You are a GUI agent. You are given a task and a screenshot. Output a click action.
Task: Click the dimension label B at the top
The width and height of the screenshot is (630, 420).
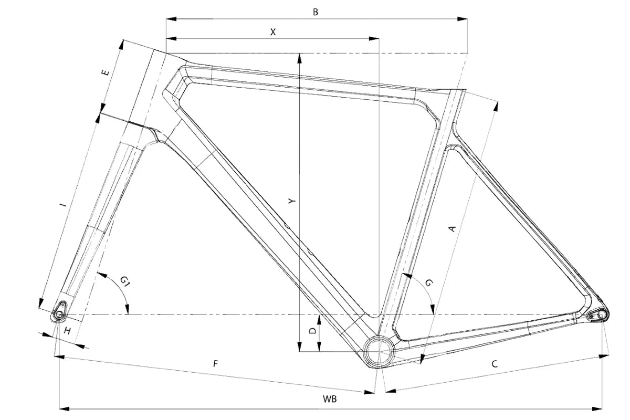pos(316,12)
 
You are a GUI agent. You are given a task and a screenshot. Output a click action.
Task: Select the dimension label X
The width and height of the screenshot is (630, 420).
pos(273,31)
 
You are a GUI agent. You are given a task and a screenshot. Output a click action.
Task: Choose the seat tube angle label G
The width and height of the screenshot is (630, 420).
pos(429,283)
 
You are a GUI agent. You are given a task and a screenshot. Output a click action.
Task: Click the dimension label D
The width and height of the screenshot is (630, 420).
pos(312,331)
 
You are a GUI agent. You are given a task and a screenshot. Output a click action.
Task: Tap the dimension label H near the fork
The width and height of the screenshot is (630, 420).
pos(67,331)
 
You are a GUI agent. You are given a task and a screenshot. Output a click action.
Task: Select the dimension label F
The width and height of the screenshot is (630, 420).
pos(216,363)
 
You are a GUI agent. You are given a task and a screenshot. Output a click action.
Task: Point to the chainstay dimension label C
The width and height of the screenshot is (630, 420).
pos(495,363)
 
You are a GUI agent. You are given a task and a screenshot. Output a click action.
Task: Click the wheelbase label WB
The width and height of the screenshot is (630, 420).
pos(330,399)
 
